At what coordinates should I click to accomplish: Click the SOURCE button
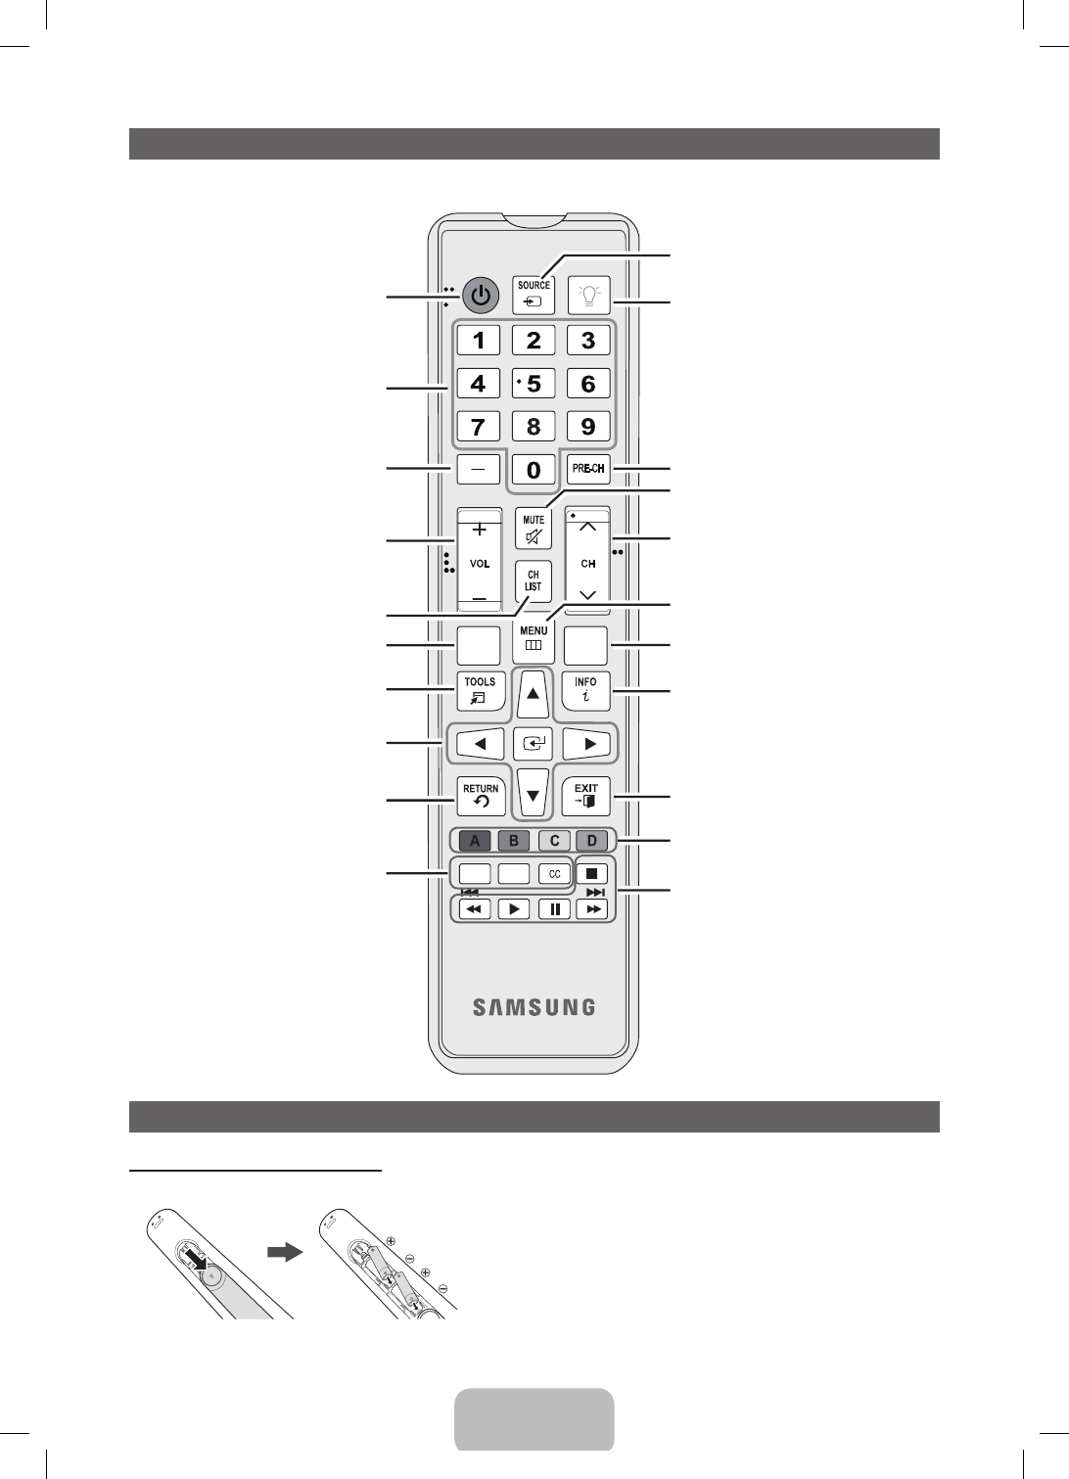[x=534, y=294]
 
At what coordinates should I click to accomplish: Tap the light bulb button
[x=588, y=294]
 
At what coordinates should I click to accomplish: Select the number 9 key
[x=588, y=427]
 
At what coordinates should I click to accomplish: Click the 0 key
[x=534, y=470]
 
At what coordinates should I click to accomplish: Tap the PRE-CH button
[x=588, y=469]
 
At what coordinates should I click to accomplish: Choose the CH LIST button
[x=534, y=581]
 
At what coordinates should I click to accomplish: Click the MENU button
[x=534, y=638]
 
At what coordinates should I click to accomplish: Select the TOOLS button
[x=480, y=690]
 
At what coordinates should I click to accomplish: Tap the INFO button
[x=586, y=690]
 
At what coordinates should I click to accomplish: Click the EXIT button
[x=586, y=796]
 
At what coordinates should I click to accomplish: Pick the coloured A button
[x=475, y=840]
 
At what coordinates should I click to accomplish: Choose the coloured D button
[x=591, y=840]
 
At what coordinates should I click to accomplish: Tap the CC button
[x=554, y=873]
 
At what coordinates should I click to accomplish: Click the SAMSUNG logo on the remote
[x=534, y=1007]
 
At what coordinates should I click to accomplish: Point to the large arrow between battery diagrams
[x=285, y=1252]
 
